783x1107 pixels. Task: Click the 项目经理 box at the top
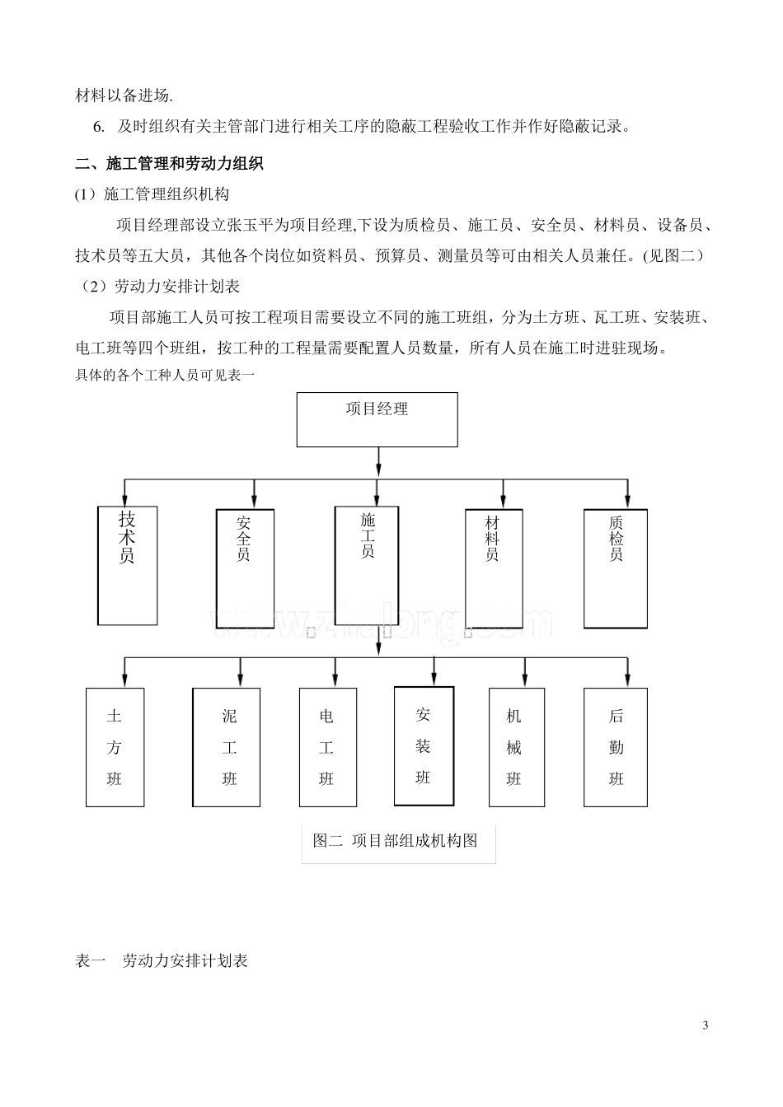point(377,419)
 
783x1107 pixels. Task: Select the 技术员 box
point(127,565)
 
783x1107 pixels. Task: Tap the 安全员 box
point(245,568)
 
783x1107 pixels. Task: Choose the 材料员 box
point(493,568)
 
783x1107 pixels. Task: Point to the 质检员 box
point(615,568)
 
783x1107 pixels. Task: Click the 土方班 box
point(115,747)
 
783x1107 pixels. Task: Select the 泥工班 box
point(226,747)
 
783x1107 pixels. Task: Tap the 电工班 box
point(327,747)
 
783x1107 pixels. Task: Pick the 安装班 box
point(424,745)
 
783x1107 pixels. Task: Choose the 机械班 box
point(516,747)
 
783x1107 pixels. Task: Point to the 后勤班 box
point(616,747)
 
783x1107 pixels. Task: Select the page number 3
point(705,1025)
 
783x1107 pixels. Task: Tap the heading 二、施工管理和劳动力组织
point(169,163)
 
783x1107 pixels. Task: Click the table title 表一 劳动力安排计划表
point(162,960)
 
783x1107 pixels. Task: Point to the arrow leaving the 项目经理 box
point(377,461)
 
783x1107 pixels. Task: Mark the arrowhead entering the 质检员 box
point(628,502)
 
